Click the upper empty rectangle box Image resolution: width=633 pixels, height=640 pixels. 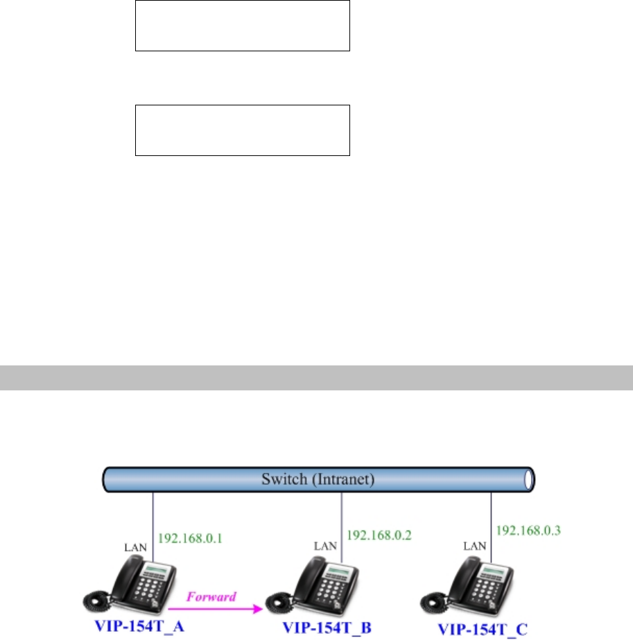tap(242, 26)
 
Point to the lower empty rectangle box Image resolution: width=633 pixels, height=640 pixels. tap(242, 130)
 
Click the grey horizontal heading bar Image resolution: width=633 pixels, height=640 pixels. tap(316, 378)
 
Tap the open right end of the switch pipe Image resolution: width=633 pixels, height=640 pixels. tap(531, 479)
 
